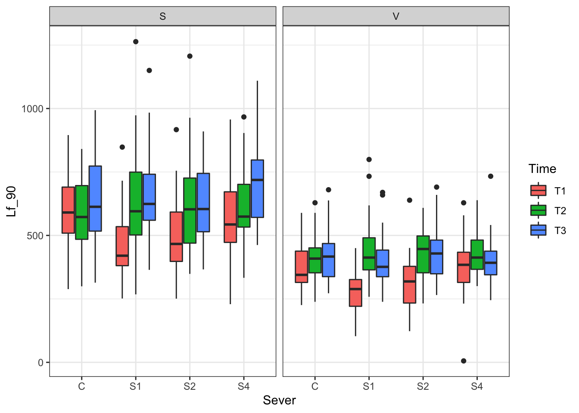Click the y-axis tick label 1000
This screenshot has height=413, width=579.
[33, 109]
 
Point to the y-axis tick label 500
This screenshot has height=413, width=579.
[35, 236]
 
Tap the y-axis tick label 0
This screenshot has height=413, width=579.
[40, 363]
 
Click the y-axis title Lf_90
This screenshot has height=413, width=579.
[12, 201]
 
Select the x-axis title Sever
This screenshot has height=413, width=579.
[279, 401]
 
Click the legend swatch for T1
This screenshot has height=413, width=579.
[538, 191]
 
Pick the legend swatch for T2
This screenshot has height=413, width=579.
[538, 210]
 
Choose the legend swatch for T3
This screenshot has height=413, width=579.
[538, 230]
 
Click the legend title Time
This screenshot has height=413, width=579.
[542, 169]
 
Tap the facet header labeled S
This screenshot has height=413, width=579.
[162, 16]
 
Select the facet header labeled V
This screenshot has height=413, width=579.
[396, 16]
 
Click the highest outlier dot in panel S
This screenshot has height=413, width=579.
[136, 42]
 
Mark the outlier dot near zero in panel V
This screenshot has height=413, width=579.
[464, 361]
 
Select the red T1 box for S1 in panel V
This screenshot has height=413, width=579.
[355, 293]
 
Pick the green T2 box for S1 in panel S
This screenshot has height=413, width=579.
[136, 203]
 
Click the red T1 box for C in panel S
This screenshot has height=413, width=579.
[68, 210]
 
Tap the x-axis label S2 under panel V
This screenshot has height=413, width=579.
[423, 386]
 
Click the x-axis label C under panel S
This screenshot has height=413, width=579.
[81, 386]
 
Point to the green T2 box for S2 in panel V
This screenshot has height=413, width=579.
[423, 254]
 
